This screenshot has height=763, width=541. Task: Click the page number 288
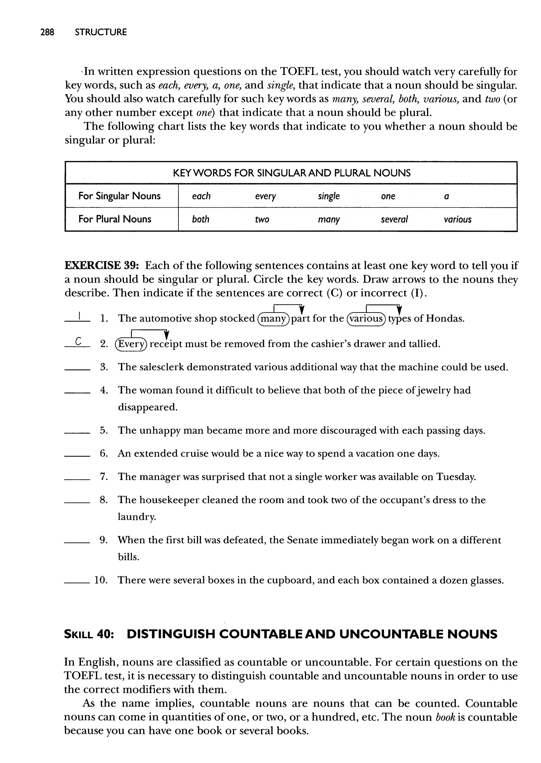(x=47, y=32)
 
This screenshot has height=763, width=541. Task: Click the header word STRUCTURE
(x=101, y=32)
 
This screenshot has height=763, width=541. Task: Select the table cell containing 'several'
(x=394, y=219)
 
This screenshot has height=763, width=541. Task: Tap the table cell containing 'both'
(x=200, y=219)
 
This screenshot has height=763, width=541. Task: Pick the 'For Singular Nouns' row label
(x=119, y=196)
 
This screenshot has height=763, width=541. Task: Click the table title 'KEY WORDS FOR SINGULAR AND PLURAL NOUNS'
(x=291, y=173)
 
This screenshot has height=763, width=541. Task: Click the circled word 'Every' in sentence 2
(x=130, y=344)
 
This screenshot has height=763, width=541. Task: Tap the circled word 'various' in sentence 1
(x=366, y=319)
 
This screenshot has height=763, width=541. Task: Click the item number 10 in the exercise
(x=101, y=580)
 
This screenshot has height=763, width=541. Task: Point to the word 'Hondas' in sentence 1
(x=445, y=319)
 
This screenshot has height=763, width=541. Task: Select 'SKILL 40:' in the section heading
(x=89, y=634)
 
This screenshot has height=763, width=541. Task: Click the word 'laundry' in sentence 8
(x=137, y=517)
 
